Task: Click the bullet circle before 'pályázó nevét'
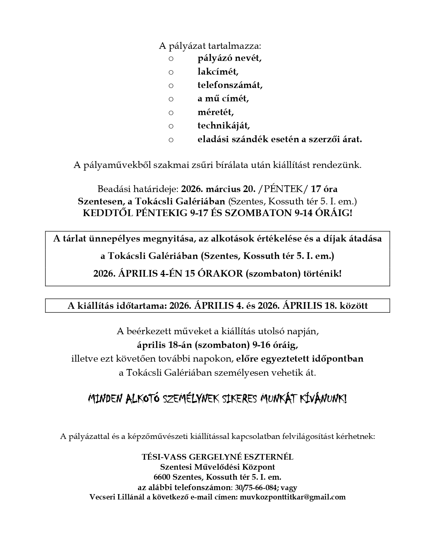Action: (171, 59)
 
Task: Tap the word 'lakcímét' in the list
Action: (218, 72)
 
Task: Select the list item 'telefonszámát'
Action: (230, 85)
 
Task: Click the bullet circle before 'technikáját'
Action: (171, 126)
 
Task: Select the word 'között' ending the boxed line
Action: (354, 306)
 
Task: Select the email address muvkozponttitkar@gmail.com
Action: (292, 497)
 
